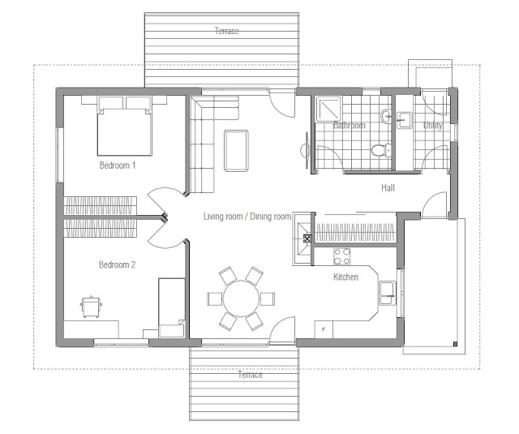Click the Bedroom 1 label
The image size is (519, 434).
coord(118,165)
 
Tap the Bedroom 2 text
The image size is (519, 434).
coord(117,264)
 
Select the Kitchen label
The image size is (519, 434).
coord(345,277)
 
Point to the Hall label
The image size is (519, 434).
coord(388,188)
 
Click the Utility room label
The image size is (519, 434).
coord(432,126)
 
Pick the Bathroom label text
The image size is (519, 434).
coord(350,126)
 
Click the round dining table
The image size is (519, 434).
coord(242,299)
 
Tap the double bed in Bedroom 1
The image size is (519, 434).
coord(124,126)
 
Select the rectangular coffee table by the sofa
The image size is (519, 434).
coord(236,151)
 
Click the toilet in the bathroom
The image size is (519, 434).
coord(380,150)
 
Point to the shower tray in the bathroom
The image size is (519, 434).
coord(328,109)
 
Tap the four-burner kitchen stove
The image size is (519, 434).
coord(342,256)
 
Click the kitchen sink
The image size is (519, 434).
coord(388,293)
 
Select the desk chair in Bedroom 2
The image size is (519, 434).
coord(91,307)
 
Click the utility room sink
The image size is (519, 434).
coord(405,120)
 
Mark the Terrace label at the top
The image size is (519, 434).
coord(227,31)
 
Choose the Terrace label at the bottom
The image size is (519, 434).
coord(251,375)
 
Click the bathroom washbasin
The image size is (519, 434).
coord(386,117)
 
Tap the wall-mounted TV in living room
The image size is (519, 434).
coord(307,151)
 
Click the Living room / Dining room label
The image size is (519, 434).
coord(247,217)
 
